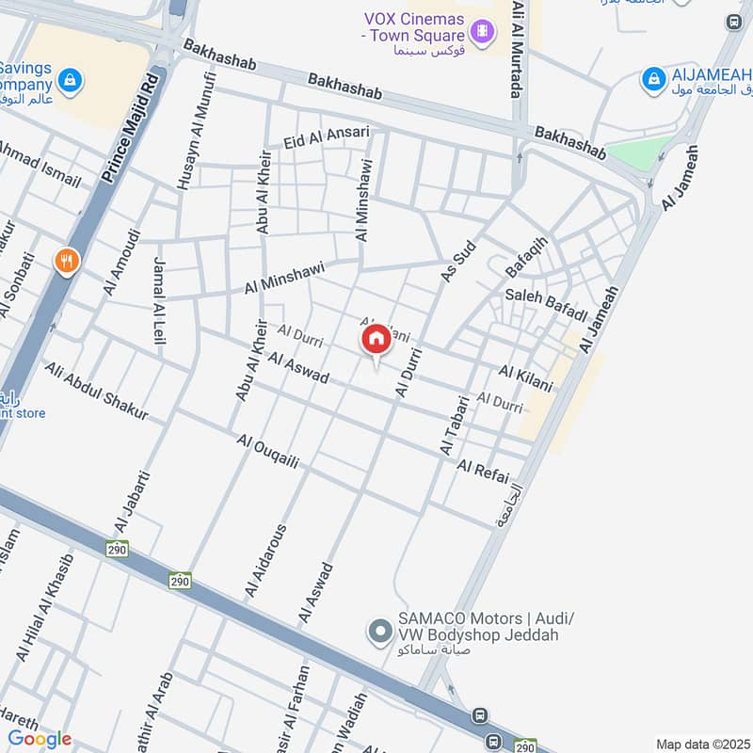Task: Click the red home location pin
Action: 375,340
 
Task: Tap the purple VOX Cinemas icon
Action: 482,32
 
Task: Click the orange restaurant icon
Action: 66,261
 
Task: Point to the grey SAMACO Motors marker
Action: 379,630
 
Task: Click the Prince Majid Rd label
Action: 131,129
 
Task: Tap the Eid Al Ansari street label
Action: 326,137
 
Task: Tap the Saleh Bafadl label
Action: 546,297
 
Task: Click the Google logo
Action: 40,740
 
